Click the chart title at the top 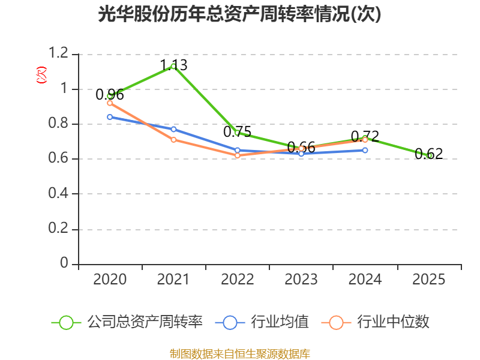pyautogui.click(x=239, y=14)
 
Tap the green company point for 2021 pyautogui.click(x=173, y=66)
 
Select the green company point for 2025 pyautogui.click(x=429, y=155)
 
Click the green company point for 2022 pyautogui.click(x=237, y=133)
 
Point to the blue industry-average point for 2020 pyautogui.click(x=110, y=117)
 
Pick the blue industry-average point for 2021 pyautogui.click(x=173, y=129)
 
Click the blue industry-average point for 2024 pyautogui.click(x=365, y=150)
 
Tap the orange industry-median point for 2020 pyautogui.click(x=110, y=103)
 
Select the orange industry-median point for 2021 pyautogui.click(x=173, y=140)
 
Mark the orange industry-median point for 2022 pyautogui.click(x=237, y=155)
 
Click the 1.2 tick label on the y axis pyautogui.click(x=59, y=54)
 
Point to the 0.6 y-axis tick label pyautogui.click(x=59, y=159)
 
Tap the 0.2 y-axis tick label pyautogui.click(x=59, y=229)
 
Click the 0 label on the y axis pyautogui.click(x=65, y=264)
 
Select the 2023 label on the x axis pyautogui.click(x=301, y=280)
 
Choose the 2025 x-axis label pyautogui.click(x=429, y=280)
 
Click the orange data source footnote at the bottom pyautogui.click(x=239, y=353)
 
